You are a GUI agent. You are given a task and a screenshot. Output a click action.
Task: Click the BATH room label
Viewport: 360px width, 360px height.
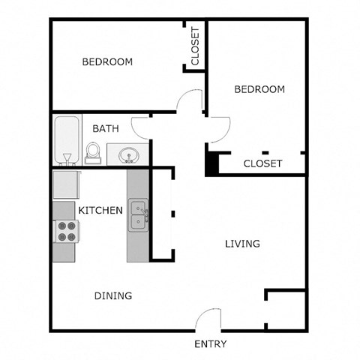105,128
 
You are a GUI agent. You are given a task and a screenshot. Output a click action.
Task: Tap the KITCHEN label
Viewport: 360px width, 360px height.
100,211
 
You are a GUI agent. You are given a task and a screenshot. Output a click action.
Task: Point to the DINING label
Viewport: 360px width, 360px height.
113,295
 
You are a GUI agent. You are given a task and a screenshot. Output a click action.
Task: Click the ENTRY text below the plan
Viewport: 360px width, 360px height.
211,344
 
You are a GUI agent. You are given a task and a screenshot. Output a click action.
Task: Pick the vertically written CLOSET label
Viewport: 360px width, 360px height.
195,46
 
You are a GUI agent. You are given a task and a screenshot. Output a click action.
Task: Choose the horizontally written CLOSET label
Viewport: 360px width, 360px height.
262,163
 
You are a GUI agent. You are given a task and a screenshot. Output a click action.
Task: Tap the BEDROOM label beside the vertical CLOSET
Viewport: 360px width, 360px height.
107,62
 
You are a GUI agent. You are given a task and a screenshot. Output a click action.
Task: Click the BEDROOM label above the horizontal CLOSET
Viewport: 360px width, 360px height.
259,89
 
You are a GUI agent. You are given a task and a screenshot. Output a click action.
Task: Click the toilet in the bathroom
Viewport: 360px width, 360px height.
93,153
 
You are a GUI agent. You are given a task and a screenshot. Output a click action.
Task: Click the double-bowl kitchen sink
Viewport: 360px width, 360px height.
138,215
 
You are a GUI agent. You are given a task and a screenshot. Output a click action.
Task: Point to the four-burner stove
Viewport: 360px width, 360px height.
66,231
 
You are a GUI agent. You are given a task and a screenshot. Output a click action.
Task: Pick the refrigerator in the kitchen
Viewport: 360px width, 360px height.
64,184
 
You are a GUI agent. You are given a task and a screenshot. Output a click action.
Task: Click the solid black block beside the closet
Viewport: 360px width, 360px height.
212,163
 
